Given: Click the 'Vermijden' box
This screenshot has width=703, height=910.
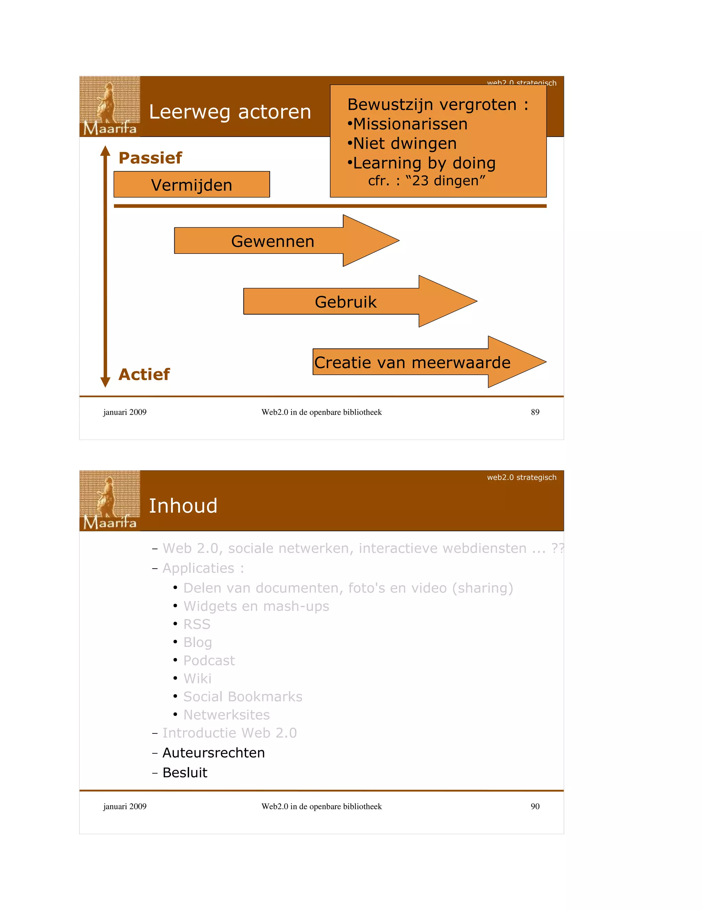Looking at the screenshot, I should (x=192, y=185).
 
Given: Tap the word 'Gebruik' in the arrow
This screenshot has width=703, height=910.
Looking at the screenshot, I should (x=345, y=302).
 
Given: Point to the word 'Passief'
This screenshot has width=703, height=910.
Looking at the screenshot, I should (x=150, y=158).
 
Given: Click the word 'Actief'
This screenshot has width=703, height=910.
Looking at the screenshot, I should (x=144, y=374).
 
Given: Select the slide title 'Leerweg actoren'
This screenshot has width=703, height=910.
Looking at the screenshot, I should (x=230, y=112).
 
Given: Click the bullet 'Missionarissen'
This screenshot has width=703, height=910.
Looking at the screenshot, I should (x=410, y=124).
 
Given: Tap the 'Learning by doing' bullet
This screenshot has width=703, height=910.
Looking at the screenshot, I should (x=424, y=163).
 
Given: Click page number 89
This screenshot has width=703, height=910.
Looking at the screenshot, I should (x=535, y=412).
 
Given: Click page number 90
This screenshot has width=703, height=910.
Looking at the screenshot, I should (x=535, y=806).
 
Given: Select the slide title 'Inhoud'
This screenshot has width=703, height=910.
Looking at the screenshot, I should (x=183, y=506).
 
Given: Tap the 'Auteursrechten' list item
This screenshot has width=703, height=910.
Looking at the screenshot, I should (x=213, y=752).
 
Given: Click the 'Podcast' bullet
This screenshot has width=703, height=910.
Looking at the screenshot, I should (x=209, y=660).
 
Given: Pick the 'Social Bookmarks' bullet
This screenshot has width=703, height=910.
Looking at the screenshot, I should (x=243, y=697).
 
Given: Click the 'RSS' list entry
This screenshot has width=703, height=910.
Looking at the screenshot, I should (x=197, y=624).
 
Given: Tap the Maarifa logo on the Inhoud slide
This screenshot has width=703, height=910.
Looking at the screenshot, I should (x=110, y=500).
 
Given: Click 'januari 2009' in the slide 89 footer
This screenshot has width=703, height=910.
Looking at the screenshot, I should (x=125, y=412).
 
